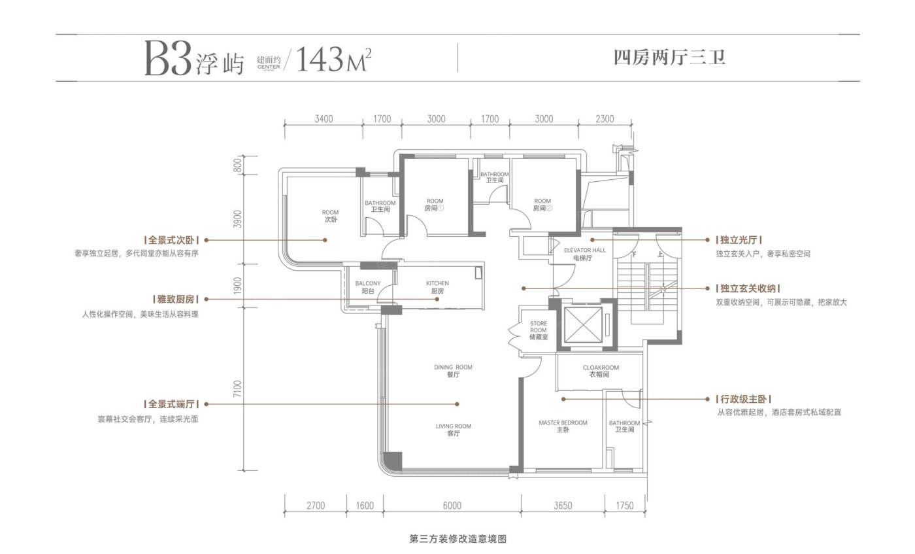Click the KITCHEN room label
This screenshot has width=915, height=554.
[437, 287]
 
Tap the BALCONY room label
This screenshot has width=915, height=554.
[368, 287]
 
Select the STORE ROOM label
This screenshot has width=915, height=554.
[538, 330]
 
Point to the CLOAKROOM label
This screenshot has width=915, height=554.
[600, 372]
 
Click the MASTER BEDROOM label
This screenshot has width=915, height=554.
[563, 426]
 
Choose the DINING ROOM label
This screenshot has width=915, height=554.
[453, 371]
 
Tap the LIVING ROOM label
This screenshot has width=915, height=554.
[453, 430]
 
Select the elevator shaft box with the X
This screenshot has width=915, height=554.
[581, 324]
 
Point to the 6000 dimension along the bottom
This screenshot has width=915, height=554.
[452, 505]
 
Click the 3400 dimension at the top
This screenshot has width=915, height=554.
[324, 119]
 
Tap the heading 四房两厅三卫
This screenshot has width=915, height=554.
[671, 58]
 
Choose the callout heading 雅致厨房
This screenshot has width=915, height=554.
[171, 299]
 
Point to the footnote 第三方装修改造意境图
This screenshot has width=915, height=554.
[457, 540]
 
